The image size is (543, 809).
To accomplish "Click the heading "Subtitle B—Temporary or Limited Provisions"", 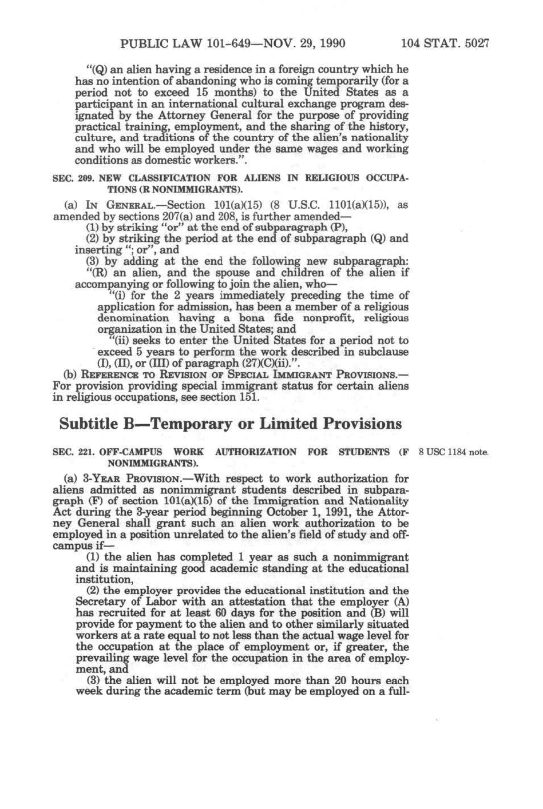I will click(x=231, y=424).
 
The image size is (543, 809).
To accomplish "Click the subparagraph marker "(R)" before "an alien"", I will click(x=94, y=273).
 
